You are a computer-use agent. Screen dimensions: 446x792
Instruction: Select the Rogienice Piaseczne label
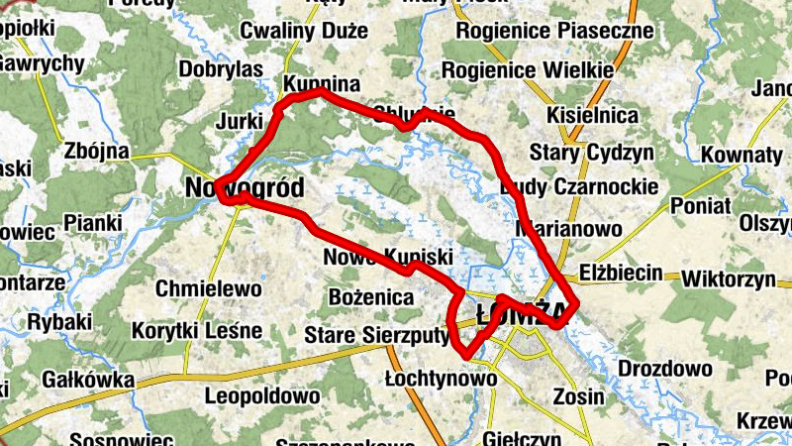tap(555, 31)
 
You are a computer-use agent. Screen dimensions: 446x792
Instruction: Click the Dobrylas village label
tap(221, 69)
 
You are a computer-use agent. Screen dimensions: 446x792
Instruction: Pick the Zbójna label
tap(96, 152)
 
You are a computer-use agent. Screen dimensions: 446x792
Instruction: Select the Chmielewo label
tap(209, 289)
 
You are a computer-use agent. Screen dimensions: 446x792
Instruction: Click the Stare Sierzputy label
tap(376, 333)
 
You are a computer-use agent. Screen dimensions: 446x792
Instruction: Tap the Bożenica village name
tap(370, 296)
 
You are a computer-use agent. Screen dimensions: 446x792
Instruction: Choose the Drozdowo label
tap(664, 369)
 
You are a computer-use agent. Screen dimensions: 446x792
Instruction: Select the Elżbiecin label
tap(621, 270)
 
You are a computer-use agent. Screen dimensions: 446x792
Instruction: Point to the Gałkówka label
tap(88, 379)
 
